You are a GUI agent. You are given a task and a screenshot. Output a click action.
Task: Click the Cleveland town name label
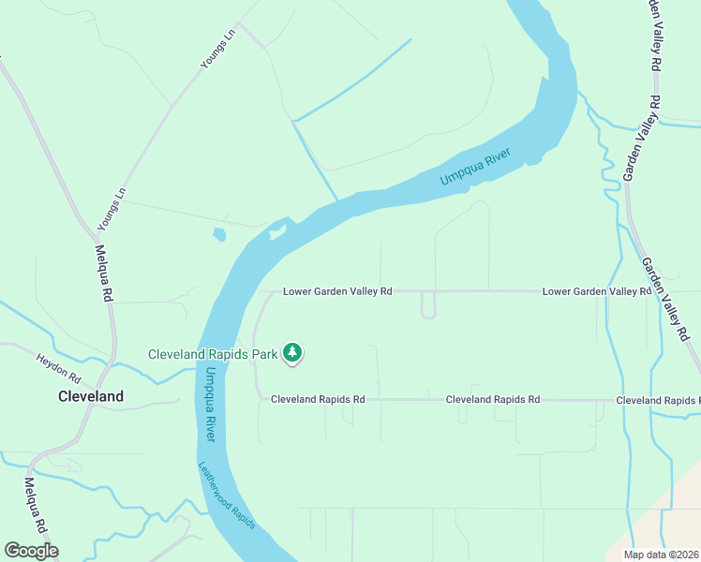click(x=90, y=396)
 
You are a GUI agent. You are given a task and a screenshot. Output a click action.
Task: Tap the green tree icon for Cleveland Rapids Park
click(x=292, y=353)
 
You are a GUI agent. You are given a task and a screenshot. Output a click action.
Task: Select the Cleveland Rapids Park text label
click(x=213, y=354)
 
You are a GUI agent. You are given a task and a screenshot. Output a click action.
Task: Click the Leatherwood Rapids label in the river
click(x=226, y=495)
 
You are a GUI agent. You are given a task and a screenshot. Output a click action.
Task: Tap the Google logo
click(x=31, y=551)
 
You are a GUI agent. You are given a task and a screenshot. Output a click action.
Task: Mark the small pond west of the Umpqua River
click(x=218, y=234)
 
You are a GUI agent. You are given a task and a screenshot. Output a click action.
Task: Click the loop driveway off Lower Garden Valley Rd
click(x=428, y=306)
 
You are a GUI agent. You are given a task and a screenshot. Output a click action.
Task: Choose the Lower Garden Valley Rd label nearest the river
click(x=337, y=291)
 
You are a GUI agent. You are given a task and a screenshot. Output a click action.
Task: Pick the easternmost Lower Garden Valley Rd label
click(x=596, y=291)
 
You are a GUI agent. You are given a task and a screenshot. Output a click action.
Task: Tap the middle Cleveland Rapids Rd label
click(x=493, y=399)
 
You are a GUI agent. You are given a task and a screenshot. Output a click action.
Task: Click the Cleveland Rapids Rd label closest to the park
click(x=318, y=399)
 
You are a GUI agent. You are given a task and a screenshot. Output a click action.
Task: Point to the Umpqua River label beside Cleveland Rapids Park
click(x=210, y=404)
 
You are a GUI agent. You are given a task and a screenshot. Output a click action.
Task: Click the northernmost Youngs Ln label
click(x=216, y=52)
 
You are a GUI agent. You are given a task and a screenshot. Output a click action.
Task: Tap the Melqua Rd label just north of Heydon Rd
click(x=104, y=273)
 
